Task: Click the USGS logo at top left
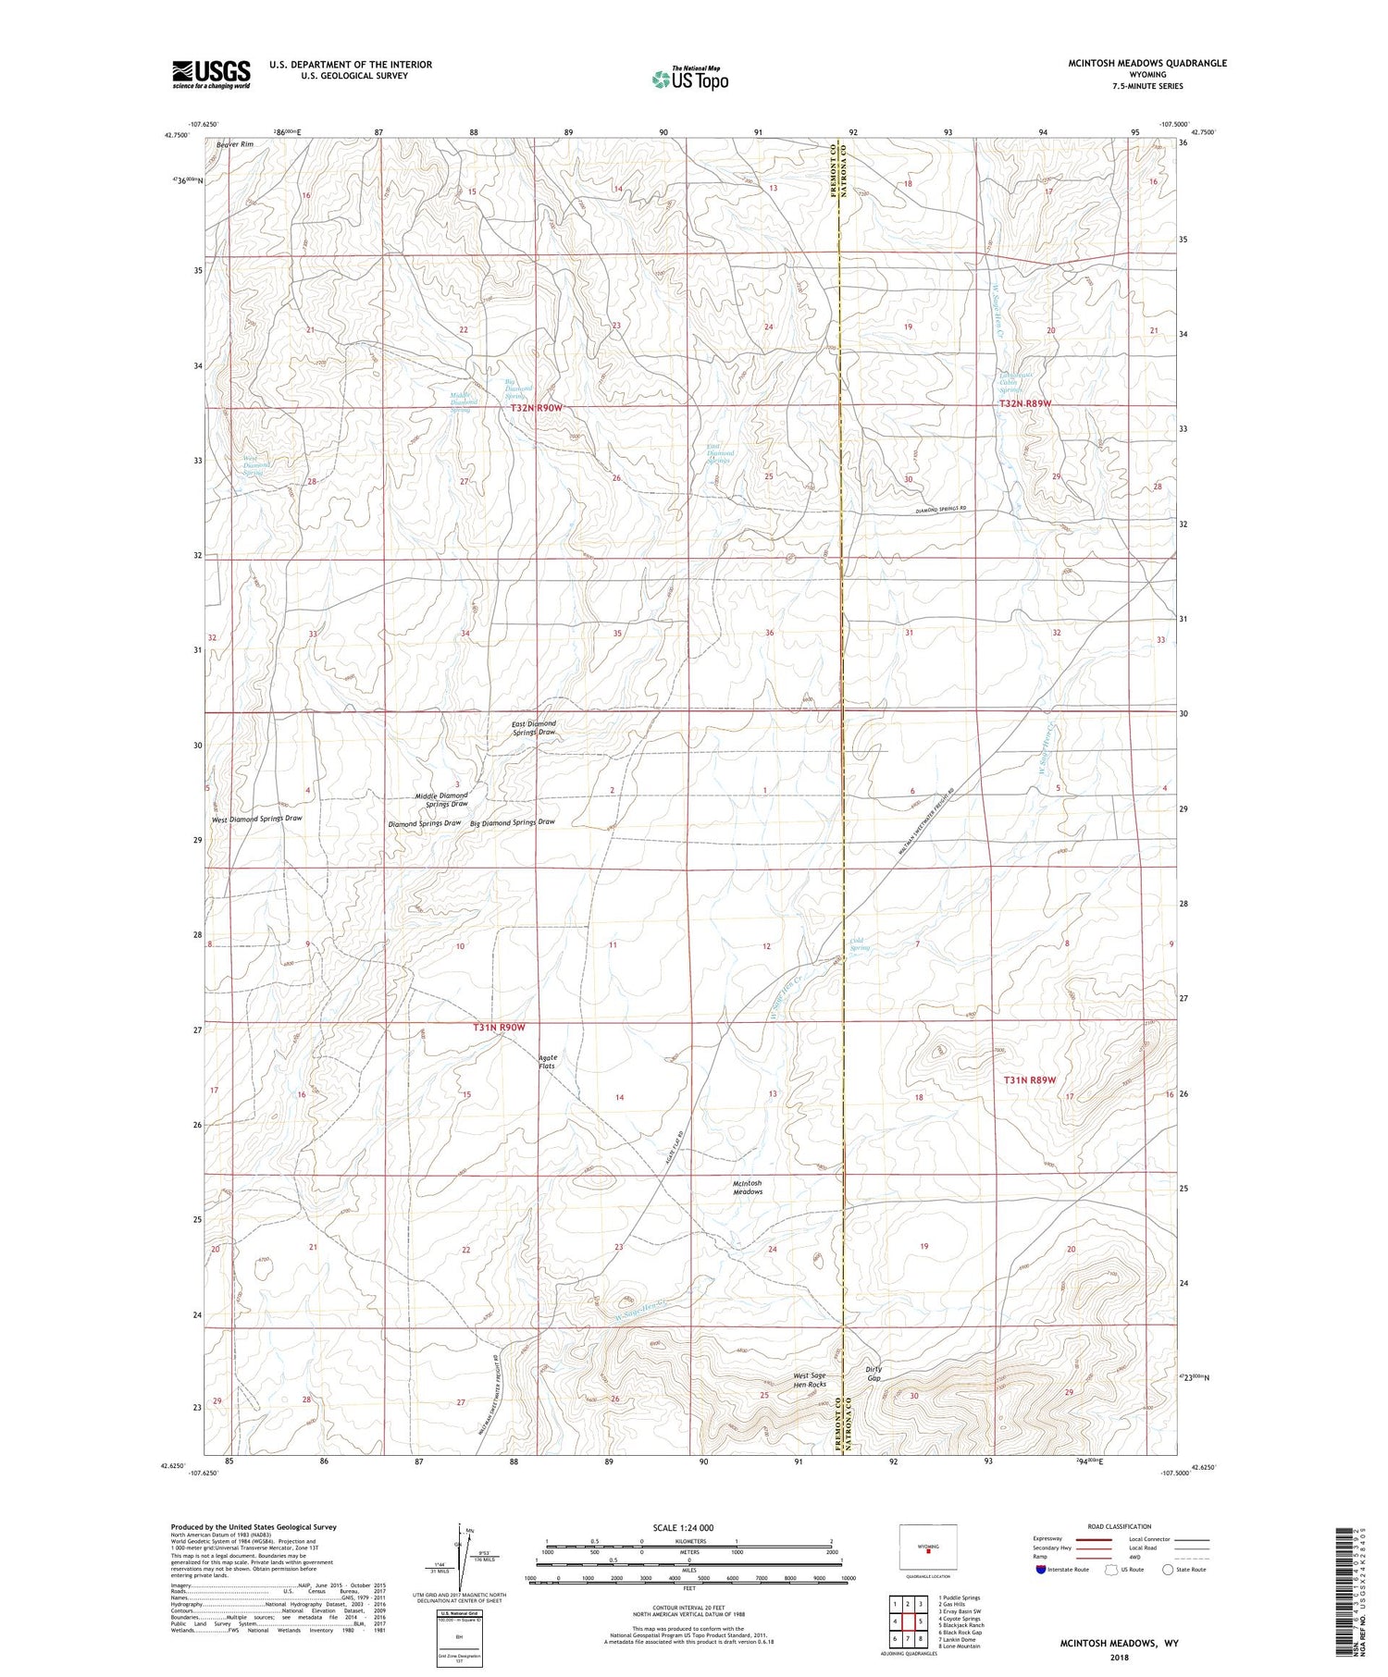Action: click(x=211, y=74)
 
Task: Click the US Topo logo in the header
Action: click(x=689, y=80)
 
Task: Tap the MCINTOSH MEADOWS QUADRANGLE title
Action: click(x=1147, y=63)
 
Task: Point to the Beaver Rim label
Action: click(x=234, y=144)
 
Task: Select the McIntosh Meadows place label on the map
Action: click(x=748, y=1187)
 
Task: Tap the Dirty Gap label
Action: click(x=874, y=1373)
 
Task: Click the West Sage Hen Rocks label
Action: click(x=810, y=1380)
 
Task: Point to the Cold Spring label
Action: click(x=860, y=944)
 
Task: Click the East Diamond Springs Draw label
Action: click(x=534, y=728)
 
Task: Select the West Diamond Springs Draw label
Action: click(x=256, y=819)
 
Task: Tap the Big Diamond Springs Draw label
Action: click(x=512, y=821)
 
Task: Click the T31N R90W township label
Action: click(x=499, y=1028)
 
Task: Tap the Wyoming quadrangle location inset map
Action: click(x=927, y=1547)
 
